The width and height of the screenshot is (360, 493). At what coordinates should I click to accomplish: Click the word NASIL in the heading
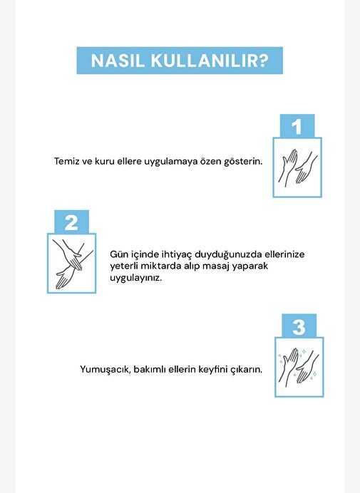[118, 61]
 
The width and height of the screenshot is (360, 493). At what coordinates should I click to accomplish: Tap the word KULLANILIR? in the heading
[210, 61]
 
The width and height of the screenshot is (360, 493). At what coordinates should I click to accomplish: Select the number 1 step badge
[297, 126]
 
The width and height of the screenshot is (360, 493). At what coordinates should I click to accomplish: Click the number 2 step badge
[72, 222]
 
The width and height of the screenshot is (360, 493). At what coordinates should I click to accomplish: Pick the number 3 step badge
[299, 326]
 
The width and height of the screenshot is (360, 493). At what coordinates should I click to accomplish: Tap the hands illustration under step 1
[297, 167]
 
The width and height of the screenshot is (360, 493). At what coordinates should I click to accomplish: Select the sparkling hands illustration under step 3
[299, 367]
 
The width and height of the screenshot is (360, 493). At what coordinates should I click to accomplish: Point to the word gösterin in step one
[243, 162]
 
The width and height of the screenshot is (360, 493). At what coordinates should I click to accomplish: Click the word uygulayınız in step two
[135, 279]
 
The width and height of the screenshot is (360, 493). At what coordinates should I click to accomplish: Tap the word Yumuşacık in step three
[106, 370]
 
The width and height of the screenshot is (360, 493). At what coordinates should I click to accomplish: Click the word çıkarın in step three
[247, 370]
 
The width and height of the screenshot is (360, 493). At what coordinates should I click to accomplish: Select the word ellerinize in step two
[284, 254]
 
